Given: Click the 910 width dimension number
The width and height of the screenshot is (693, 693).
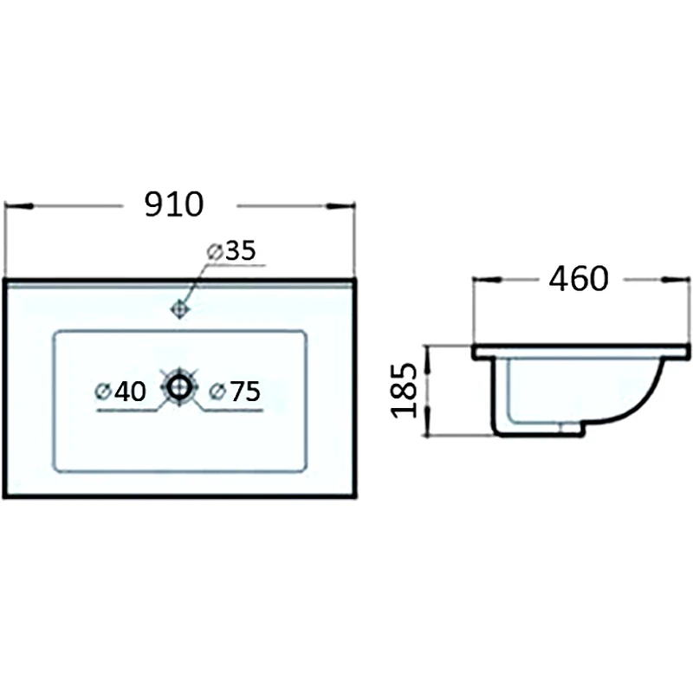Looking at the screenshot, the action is [x=174, y=204].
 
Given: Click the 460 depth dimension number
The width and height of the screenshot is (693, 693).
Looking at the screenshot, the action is [x=579, y=278].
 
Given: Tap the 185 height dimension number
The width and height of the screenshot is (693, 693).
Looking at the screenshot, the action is [x=404, y=391].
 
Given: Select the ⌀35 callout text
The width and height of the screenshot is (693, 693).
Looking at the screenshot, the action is [x=231, y=250].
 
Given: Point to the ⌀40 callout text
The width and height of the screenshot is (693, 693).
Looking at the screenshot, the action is [x=120, y=392].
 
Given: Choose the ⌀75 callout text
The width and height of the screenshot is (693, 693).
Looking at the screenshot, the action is [x=235, y=392].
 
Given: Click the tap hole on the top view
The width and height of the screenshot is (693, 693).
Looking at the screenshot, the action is [x=180, y=309].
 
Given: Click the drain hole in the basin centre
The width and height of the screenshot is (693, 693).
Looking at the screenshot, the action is [x=179, y=386].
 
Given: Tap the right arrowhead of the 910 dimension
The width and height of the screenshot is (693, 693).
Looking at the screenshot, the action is [x=340, y=206].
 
